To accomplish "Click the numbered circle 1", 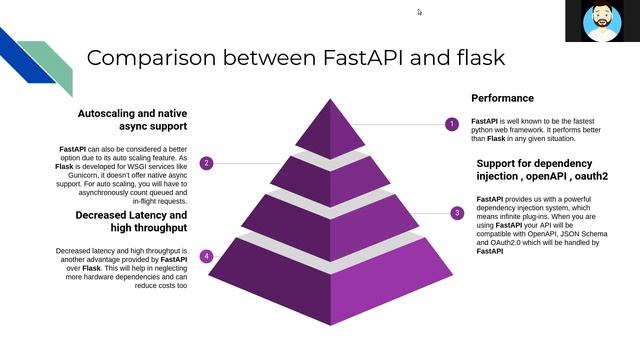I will [x=451, y=124].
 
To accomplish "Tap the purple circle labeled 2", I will [x=206, y=163].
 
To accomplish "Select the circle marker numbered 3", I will [x=457, y=212].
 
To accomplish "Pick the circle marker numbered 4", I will [x=206, y=256].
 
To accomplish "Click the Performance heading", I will [x=504, y=98].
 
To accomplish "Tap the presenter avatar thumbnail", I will [x=602, y=22].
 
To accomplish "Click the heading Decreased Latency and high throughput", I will [x=131, y=222].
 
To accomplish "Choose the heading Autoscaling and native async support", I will [x=132, y=120].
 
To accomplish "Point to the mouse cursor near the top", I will [x=419, y=12].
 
